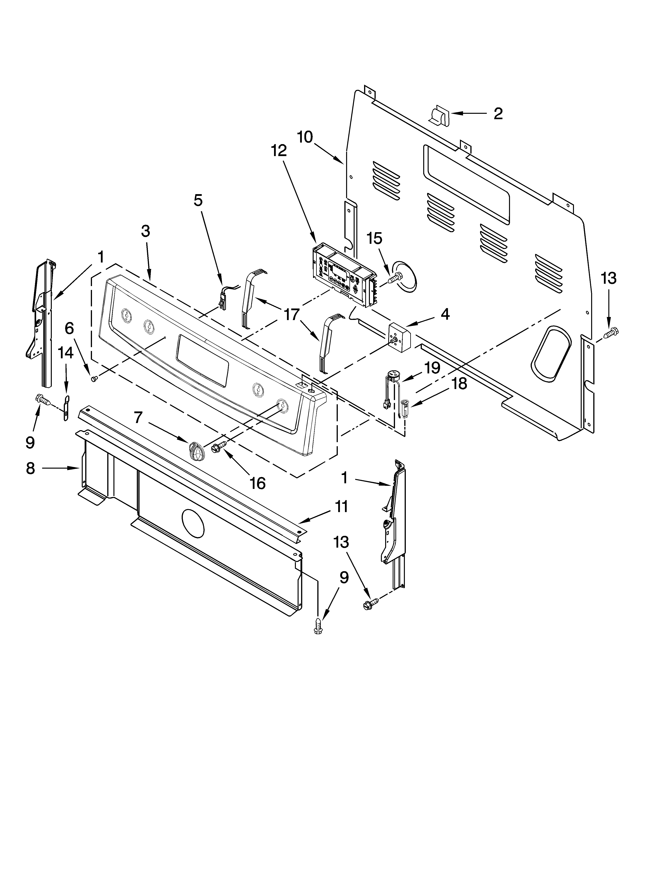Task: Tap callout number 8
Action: click(30, 469)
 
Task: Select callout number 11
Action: click(341, 506)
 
